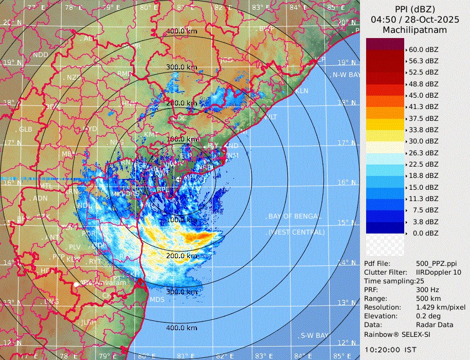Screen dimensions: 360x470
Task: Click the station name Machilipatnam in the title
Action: pos(414,30)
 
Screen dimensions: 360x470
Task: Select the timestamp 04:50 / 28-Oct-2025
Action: pos(414,20)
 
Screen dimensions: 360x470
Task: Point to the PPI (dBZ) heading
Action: pos(414,9)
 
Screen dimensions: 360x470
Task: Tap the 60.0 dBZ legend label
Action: pos(424,50)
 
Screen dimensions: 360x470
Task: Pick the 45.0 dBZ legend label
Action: pos(424,96)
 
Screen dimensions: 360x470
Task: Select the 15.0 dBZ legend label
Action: pos(424,187)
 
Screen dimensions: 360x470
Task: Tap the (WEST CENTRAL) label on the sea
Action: pos(296,232)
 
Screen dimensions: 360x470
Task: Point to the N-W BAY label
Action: pos(346,75)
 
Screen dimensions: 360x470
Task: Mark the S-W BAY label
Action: pos(314,335)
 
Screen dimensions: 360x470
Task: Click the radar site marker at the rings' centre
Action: pos(178,179)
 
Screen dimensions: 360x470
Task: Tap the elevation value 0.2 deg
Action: pos(429,316)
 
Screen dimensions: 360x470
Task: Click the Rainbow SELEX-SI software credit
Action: pos(397,334)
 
